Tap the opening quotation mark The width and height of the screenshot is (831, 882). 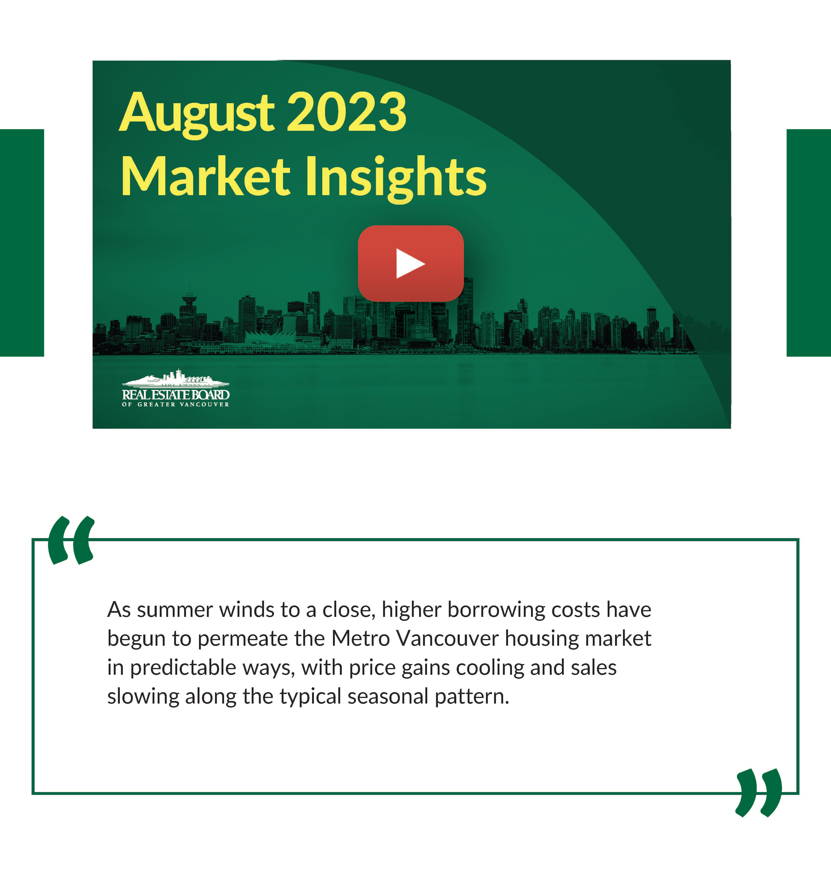[x=71, y=540]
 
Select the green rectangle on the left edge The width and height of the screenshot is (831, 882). [x=22, y=243]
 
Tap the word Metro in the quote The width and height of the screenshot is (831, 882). [x=361, y=639]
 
